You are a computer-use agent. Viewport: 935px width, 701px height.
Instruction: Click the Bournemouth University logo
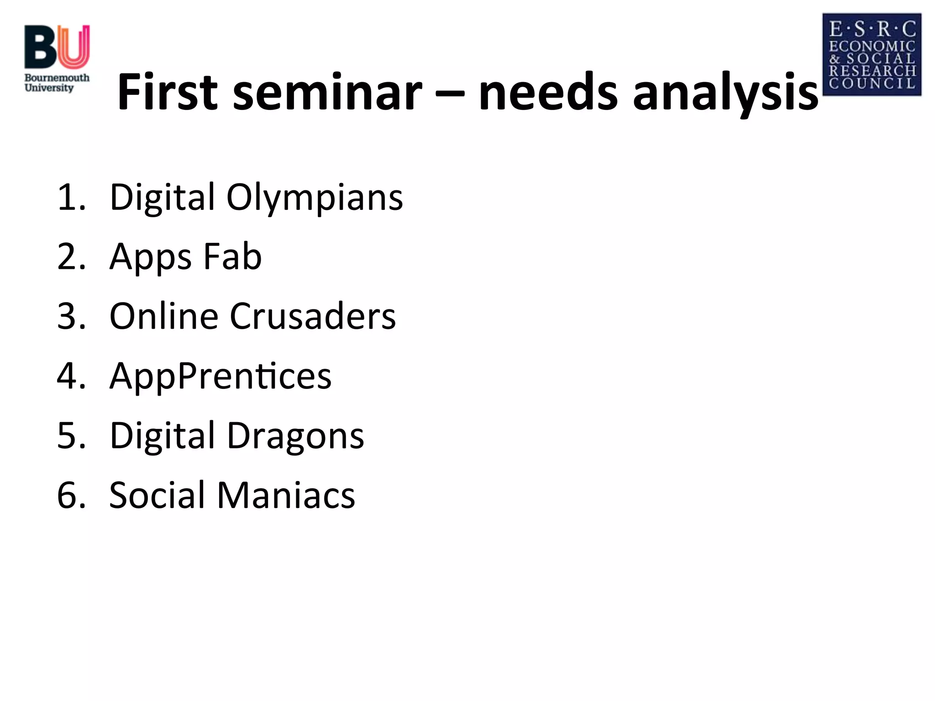(57, 58)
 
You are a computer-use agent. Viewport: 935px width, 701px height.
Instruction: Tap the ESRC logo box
(872, 55)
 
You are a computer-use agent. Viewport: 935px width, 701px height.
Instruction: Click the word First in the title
(167, 92)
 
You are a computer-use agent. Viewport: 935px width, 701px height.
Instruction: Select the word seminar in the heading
(327, 92)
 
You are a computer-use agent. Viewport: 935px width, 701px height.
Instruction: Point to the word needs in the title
(548, 92)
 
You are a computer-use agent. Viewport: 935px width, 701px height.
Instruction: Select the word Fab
(232, 256)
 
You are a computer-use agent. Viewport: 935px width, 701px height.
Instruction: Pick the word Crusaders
(312, 316)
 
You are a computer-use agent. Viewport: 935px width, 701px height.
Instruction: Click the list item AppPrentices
(221, 376)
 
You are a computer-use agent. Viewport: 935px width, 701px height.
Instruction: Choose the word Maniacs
(286, 495)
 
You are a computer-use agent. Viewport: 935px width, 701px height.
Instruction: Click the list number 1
(71, 198)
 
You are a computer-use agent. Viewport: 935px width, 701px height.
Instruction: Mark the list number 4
(71, 376)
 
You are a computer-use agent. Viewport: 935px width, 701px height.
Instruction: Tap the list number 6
(71, 495)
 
